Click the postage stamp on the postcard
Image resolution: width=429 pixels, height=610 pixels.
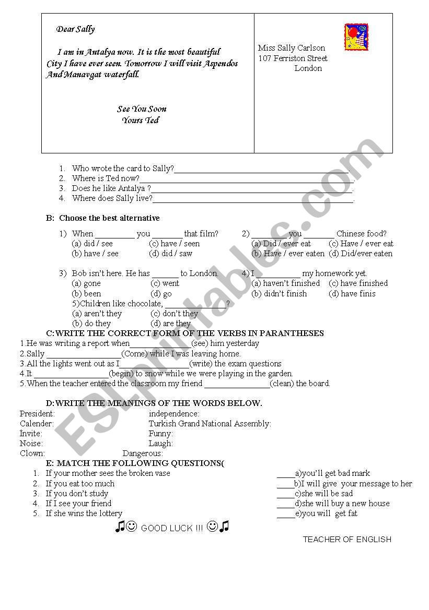click(x=356, y=37)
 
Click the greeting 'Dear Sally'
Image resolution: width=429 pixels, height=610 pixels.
click(x=76, y=29)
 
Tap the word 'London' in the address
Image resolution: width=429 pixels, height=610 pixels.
click(x=308, y=68)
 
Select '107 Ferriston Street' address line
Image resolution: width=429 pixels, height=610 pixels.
click(x=293, y=58)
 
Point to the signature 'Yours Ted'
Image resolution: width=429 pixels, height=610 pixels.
click(x=140, y=121)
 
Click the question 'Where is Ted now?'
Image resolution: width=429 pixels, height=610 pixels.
click(x=106, y=178)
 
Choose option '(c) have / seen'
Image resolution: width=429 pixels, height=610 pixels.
click(x=174, y=244)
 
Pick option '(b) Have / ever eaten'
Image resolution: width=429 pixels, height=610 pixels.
click(x=288, y=254)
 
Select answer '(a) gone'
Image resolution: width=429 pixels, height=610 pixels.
click(x=86, y=283)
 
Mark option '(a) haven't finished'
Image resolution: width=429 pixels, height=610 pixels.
click(x=286, y=283)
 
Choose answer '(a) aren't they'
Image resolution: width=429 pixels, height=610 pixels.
click(x=97, y=314)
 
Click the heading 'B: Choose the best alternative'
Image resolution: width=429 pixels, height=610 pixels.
click(x=103, y=218)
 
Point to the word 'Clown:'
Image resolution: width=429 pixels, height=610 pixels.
click(x=32, y=453)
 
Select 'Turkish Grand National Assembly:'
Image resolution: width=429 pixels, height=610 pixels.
click(x=210, y=424)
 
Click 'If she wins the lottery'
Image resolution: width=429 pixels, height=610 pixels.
click(x=84, y=513)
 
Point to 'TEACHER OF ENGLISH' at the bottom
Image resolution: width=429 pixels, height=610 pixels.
click(x=347, y=540)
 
